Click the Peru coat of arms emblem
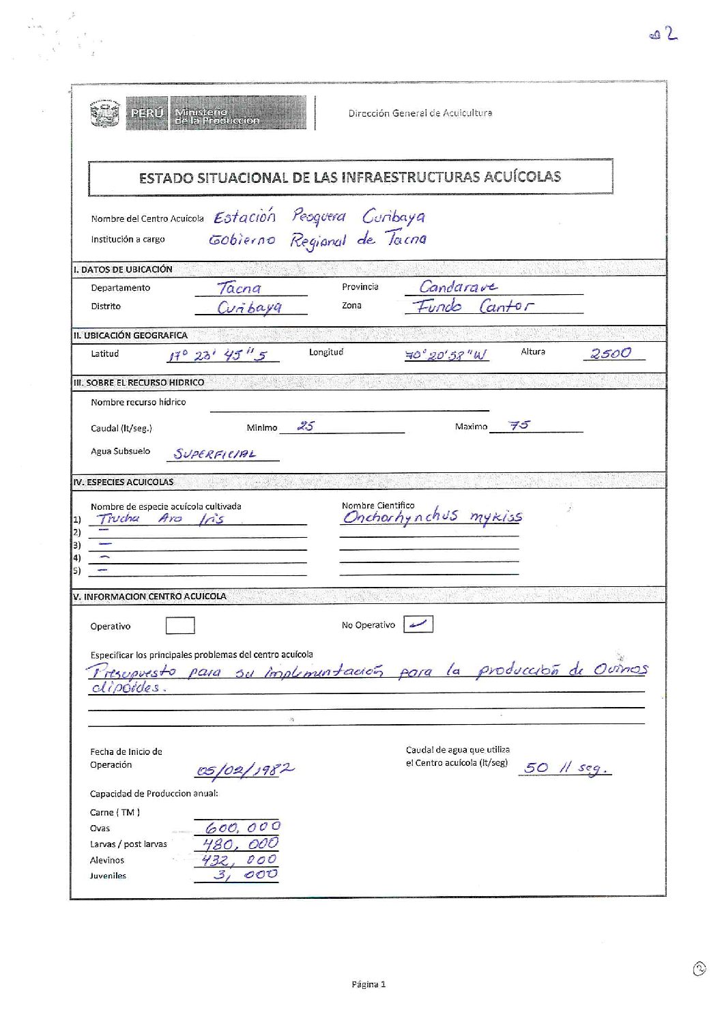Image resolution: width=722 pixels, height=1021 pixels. point(105,113)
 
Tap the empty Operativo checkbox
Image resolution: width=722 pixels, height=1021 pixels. point(180,625)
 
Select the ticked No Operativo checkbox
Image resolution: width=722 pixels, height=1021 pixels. point(418,624)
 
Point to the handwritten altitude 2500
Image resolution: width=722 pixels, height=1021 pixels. point(611,353)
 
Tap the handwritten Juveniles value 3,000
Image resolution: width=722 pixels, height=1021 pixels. point(245,874)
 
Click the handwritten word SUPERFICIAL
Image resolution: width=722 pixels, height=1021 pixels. point(215,454)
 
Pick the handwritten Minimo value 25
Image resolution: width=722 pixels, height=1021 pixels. point(306,426)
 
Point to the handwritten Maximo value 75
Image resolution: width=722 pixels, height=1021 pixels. point(519,425)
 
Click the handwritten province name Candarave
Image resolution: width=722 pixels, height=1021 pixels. point(458,287)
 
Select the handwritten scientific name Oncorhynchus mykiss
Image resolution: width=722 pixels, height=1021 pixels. point(432,517)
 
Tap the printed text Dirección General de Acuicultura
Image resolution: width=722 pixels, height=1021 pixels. point(420,113)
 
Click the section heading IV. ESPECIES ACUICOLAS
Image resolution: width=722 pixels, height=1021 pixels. point(124,482)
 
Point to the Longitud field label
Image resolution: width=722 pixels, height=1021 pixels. point(326,352)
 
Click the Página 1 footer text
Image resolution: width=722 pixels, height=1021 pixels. point(369,984)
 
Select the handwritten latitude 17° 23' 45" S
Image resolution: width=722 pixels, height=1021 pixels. point(218,356)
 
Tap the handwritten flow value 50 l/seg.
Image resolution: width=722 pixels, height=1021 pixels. point(565,768)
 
